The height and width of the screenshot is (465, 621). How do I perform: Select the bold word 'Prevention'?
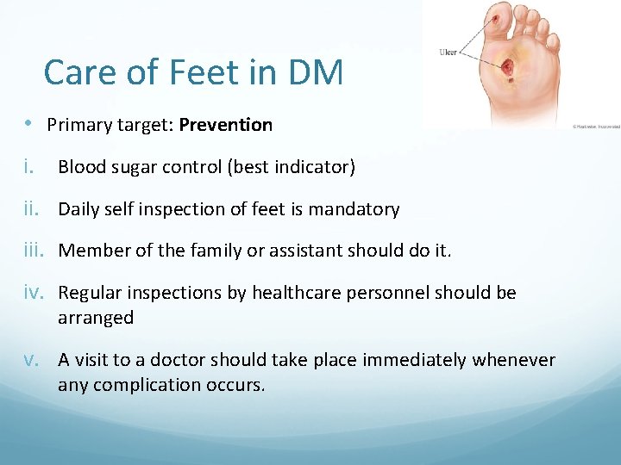226,125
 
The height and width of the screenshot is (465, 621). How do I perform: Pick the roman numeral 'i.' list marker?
31,167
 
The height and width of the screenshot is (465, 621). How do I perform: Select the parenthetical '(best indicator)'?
291,167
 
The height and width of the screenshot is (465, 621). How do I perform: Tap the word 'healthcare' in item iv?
297,293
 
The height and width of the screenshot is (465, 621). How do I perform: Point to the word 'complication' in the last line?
141,385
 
